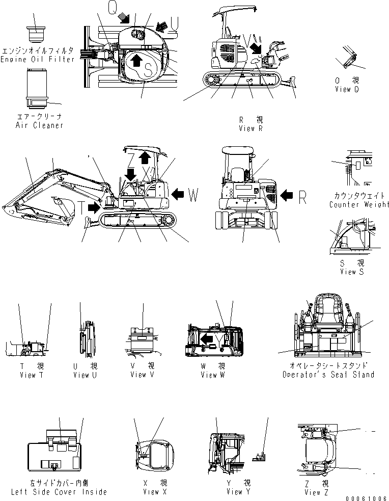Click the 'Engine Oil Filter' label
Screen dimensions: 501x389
[38, 59]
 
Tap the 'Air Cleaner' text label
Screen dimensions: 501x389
[39, 125]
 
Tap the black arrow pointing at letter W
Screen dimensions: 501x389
[177, 194]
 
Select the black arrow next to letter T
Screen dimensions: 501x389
[94, 207]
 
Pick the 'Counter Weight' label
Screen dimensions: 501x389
[358, 204]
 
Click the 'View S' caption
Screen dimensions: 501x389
[352, 272]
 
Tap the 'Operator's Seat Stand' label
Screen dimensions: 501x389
[328, 374]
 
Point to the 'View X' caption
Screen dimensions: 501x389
[151, 492]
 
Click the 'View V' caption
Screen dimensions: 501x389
[138, 375]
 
